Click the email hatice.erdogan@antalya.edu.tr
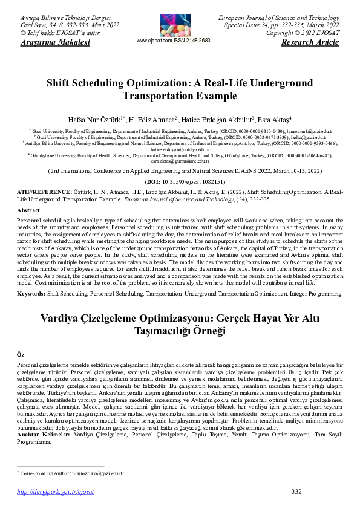tap(180, 149)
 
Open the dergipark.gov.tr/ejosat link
tap(56, 492)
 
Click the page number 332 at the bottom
tap(296, 491)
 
